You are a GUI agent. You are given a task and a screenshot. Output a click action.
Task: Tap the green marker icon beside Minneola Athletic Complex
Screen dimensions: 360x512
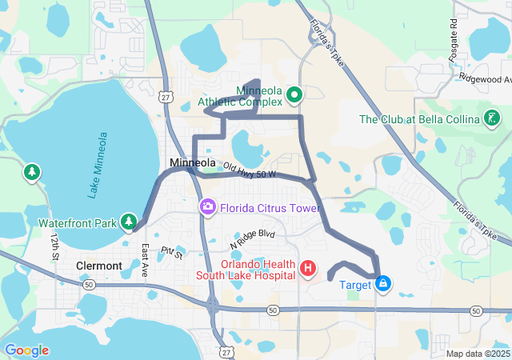(x=294, y=96)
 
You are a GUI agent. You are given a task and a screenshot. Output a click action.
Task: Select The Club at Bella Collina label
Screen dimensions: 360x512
(x=419, y=120)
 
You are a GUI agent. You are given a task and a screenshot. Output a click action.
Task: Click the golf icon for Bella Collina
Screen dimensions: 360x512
(x=492, y=120)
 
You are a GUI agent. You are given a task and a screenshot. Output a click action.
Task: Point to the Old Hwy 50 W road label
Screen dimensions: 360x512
(x=250, y=170)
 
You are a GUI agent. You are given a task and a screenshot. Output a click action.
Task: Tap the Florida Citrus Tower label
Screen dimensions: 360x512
(x=269, y=208)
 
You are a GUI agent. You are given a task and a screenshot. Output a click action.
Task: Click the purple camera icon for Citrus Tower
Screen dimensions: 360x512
(x=208, y=208)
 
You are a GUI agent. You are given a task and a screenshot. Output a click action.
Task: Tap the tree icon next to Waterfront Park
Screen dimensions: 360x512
(x=129, y=221)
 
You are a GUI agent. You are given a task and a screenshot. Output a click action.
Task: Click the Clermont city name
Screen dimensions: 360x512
(x=98, y=266)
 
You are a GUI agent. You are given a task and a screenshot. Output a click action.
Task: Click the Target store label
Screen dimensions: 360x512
(x=355, y=285)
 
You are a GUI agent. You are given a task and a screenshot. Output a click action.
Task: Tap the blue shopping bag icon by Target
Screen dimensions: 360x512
(x=384, y=284)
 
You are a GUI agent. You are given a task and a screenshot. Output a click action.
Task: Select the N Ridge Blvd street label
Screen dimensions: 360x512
(x=252, y=238)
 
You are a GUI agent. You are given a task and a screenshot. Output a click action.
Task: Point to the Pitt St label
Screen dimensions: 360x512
(x=171, y=254)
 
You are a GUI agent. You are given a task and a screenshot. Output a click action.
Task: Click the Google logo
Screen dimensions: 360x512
(x=26, y=350)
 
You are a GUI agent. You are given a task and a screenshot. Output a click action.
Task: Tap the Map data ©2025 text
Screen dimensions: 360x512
(x=478, y=354)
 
